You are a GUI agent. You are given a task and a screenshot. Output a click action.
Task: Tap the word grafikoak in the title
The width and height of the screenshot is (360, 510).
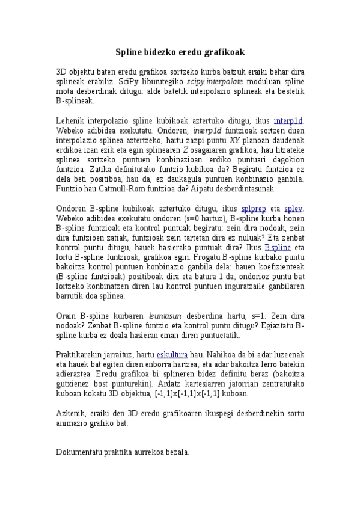click(x=224, y=52)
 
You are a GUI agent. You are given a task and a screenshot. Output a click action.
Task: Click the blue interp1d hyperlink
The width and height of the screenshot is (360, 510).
click(x=288, y=120)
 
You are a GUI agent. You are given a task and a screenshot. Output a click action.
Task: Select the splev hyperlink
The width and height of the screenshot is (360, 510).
click(x=294, y=209)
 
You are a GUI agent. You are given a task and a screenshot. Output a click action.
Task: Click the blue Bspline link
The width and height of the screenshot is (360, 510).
click(x=278, y=247)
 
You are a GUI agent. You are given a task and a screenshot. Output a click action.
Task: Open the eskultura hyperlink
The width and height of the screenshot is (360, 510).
click(x=172, y=355)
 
